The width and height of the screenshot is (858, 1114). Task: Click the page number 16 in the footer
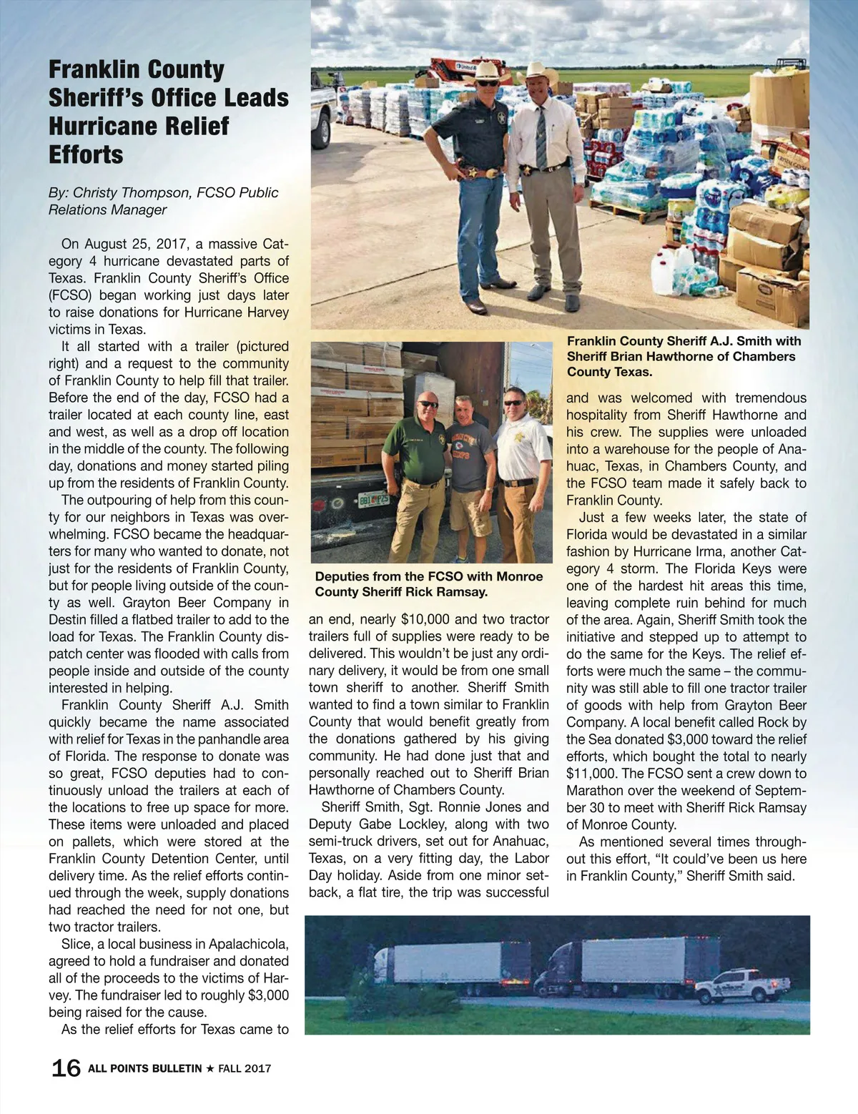[x=65, y=1068]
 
